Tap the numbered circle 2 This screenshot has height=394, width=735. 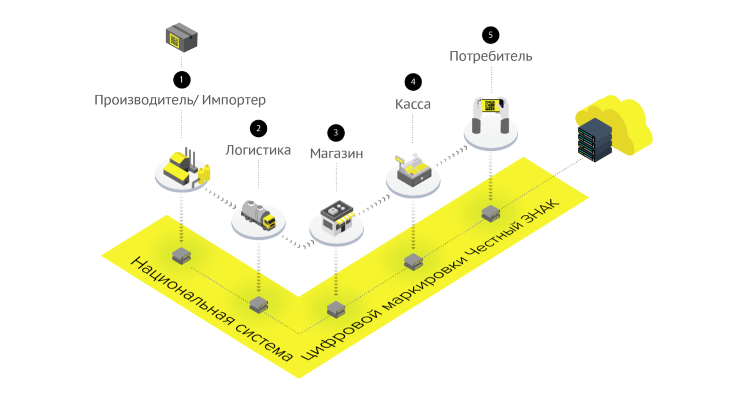[x=258, y=128]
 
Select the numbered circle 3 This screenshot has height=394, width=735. [x=335, y=133]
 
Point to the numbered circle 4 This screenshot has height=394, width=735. [x=413, y=82]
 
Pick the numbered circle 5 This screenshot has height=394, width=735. [x=491, y=35]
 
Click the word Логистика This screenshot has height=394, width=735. [x=258, y=150]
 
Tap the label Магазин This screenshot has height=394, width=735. [x=337, y=154]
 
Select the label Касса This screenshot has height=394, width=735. [x=413, y=104]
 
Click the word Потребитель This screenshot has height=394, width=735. [x=491, y=57]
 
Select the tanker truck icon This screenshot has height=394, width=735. [x=258, y=214]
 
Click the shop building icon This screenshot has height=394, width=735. [x=336, y=217]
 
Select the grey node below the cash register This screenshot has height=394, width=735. [x=413, y=262]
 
